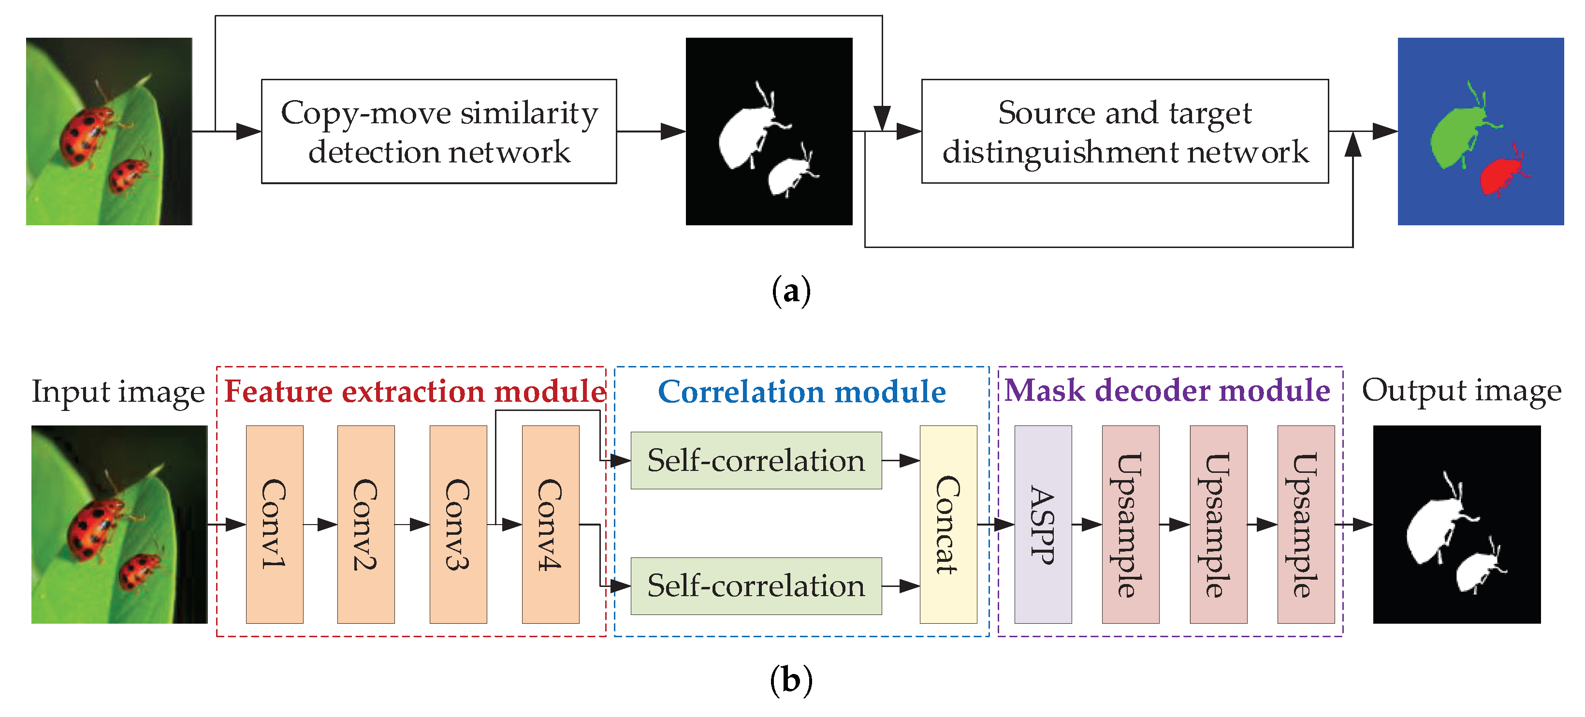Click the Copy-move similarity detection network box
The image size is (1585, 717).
[x=439, y=131]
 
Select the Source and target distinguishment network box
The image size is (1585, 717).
[x=1124, y=131]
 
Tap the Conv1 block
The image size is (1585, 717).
[x=275, y=525]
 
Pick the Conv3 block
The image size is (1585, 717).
[x=458, y=525]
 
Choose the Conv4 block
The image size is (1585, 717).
[x=550, y=525]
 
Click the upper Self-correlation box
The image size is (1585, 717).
[x=756, y=460]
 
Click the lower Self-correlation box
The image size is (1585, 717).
[x=756, y=586]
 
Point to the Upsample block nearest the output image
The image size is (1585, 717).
[x=1305, y=525]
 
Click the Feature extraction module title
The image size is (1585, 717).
[x=415, y=392]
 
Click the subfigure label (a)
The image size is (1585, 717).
[x=791, y=291]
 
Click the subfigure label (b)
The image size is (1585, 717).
[x=791, y=680]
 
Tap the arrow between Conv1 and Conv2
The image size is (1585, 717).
[x=320, y=525]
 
